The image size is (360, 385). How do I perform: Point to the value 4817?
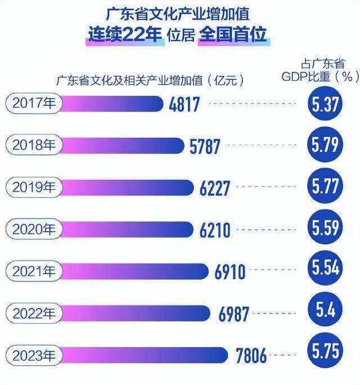184,104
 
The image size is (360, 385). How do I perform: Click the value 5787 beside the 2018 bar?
206,146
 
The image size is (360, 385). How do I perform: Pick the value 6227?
215,188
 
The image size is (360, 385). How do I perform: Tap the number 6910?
230,272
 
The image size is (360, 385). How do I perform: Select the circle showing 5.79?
326,145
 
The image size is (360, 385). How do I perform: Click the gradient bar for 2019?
121,187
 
